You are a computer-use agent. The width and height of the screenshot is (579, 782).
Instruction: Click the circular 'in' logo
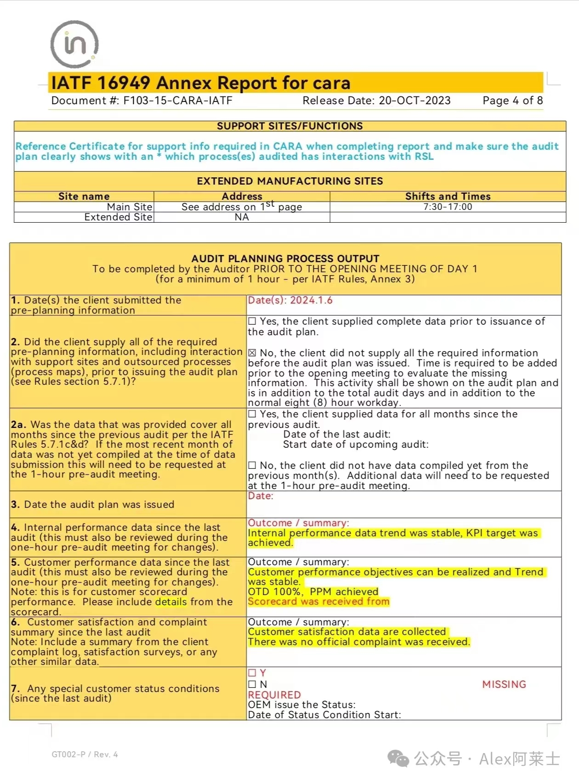(74, 44)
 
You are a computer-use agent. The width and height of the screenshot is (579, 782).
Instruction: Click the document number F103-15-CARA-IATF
(178, 101)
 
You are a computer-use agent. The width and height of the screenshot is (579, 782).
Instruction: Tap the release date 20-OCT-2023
(414, 101)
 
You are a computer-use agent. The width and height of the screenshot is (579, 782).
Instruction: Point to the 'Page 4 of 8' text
(512, 101)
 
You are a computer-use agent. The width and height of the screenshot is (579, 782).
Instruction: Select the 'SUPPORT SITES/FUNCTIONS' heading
(289, 126)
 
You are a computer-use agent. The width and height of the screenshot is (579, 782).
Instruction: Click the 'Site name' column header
(84, 196)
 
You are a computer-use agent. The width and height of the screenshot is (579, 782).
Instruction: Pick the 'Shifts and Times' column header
(448, 196)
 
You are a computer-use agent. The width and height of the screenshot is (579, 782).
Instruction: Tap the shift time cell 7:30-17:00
(448, 207)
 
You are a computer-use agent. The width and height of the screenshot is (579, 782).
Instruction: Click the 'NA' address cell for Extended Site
(242, 217)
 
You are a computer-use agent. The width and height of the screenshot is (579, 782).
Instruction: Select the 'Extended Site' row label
(118, 217)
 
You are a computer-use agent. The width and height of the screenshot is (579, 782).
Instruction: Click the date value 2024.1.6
(311, 300)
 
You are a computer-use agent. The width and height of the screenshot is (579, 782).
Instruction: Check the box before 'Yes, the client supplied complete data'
(252, 321)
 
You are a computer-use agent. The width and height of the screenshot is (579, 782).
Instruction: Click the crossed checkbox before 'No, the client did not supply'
(252, 353)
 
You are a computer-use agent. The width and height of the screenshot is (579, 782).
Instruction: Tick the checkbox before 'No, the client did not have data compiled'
(252, 466)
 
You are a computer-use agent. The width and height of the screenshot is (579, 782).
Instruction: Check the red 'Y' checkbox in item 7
(252, 673)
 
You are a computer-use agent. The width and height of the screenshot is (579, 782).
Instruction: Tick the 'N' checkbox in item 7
(252, 684)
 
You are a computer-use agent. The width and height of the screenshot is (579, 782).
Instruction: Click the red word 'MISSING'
(504, 684)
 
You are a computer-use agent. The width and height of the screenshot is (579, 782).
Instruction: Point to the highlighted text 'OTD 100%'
(274, 591)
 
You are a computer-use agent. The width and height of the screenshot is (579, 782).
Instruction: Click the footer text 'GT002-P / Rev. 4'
(85, 754)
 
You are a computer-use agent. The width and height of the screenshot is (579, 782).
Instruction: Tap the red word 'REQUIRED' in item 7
(274, 695)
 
